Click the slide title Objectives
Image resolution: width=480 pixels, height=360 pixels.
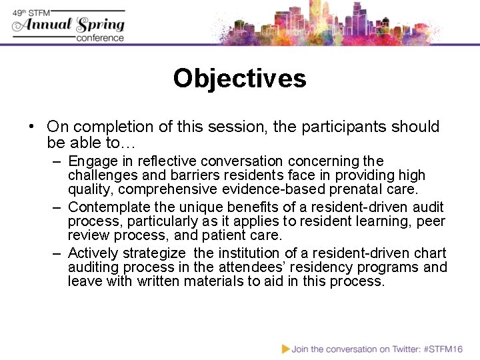point(239,79)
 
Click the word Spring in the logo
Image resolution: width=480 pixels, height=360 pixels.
point(100,25)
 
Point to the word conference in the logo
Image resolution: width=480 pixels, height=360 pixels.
point(100,38)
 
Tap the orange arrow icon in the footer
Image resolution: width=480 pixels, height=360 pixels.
point(285,348)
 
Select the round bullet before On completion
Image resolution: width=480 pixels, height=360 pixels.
point(31,127)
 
